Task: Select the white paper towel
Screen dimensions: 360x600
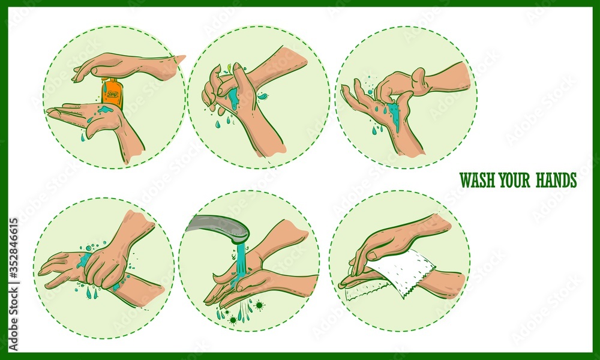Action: tap(399, 273)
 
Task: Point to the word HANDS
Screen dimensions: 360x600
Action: tap(556, 180)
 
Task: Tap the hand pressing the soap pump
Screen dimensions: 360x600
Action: tap(120, 65)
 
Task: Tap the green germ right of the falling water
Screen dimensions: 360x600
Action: tap(259, 305)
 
